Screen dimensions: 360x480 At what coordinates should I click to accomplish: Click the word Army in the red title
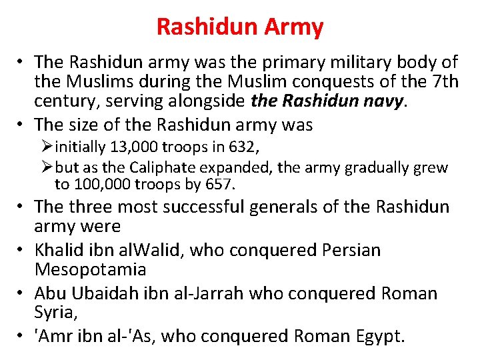tap(294, 27)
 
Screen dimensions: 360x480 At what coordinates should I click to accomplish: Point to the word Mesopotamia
tap(91, 270)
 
